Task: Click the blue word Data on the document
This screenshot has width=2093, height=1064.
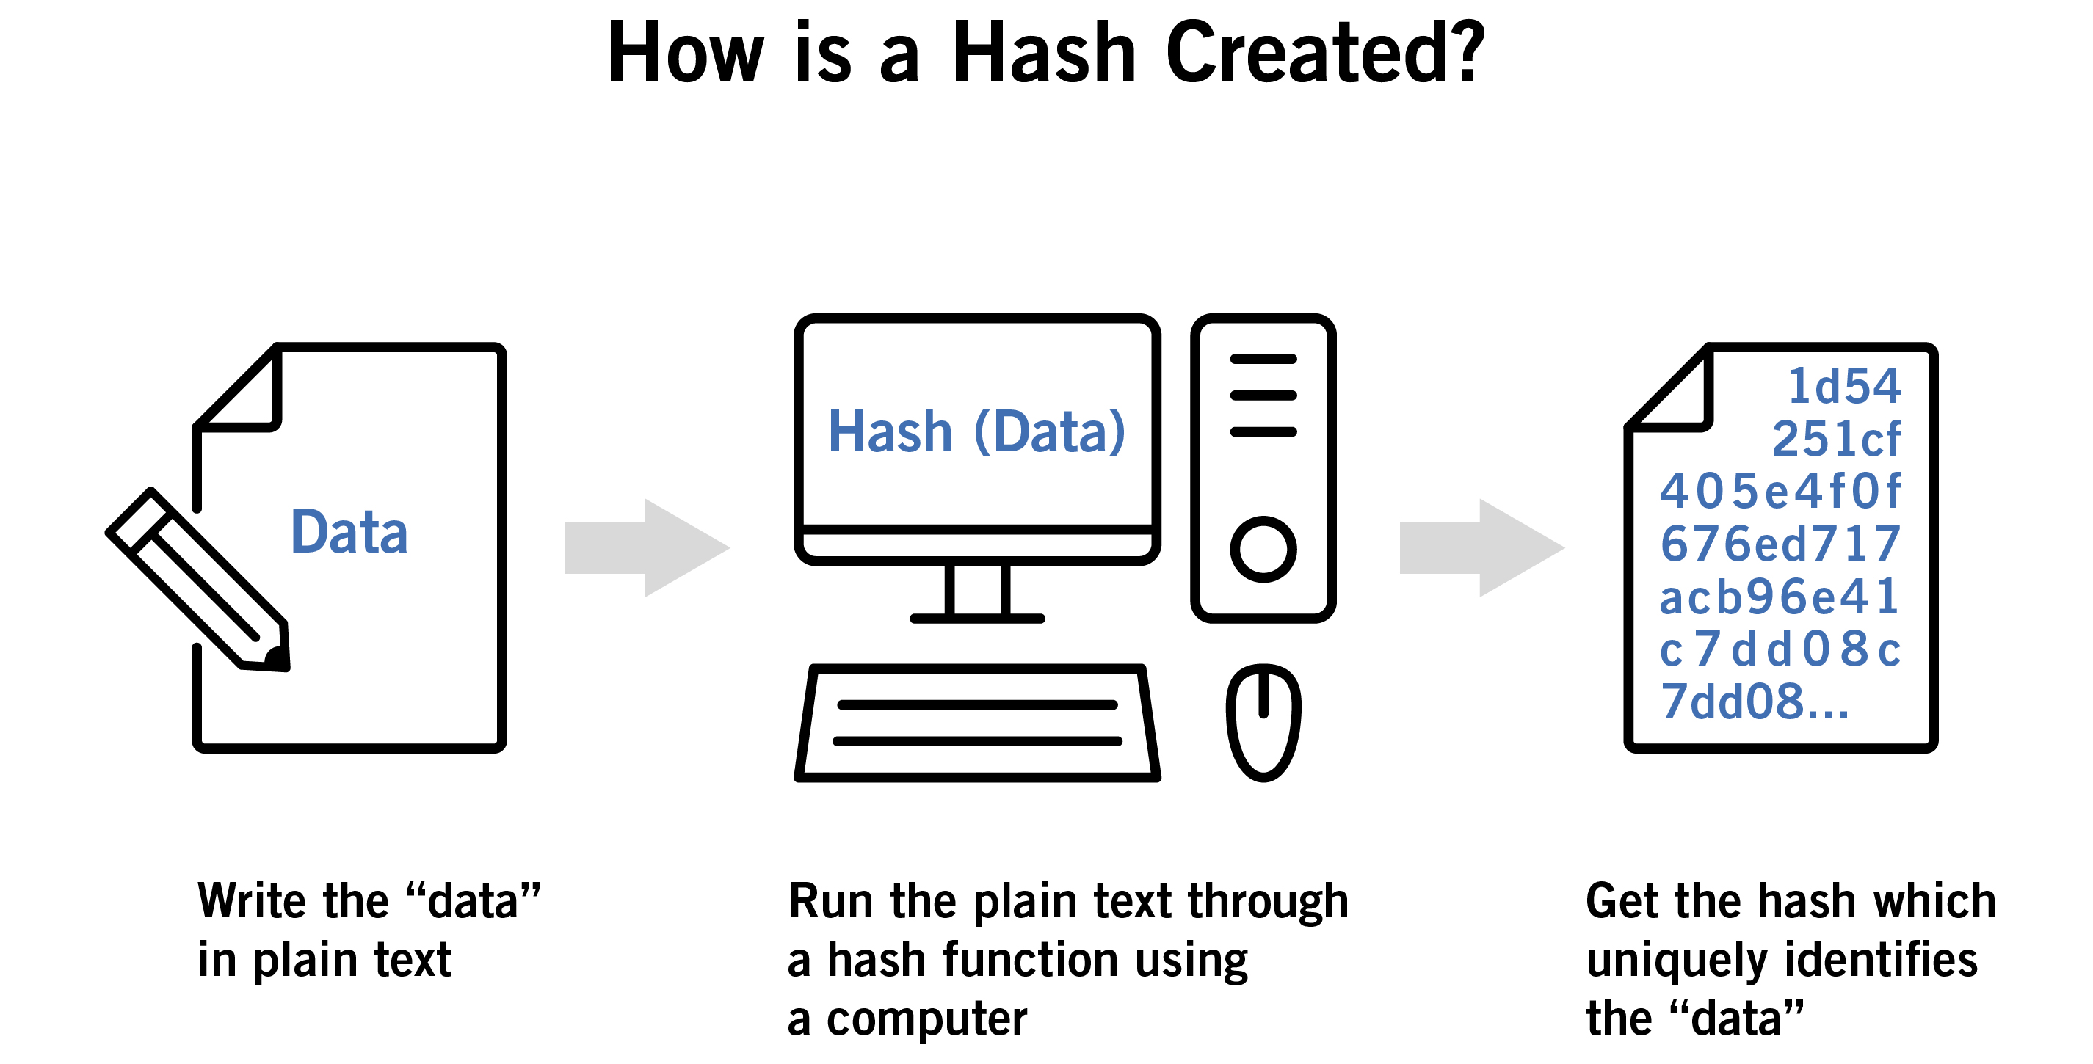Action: click(349, 532)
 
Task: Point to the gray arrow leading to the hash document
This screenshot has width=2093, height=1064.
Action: click(1481, 548)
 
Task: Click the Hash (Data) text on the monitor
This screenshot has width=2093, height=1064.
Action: click(976, 431)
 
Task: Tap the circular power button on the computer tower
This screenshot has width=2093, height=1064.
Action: click(1263, 549)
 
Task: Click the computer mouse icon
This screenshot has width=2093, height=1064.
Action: click(1263, 723)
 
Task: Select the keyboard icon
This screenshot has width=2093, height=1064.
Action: click(976, 724)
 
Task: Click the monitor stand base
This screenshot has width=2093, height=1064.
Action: click(976, 619)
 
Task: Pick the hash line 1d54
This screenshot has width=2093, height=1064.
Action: click(1843, 386)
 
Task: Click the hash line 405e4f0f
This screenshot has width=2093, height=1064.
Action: click(1780, 491)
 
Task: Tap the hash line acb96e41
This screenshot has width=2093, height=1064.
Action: click(1779, 597)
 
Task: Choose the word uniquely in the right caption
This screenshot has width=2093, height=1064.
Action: click(1676, 961)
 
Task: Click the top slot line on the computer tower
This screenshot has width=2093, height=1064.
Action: click(1263, 359)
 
